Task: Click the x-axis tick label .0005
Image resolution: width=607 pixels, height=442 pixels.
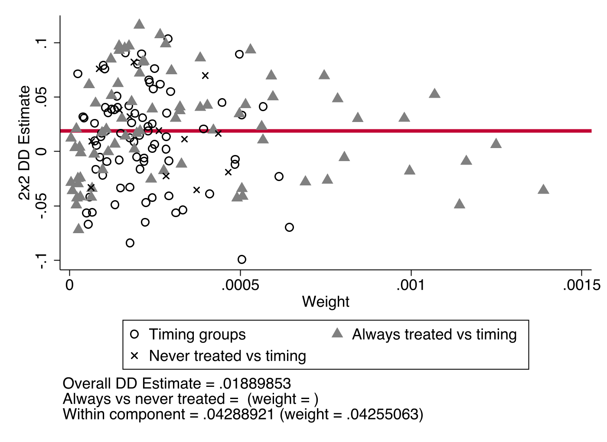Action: (x=240, y=285)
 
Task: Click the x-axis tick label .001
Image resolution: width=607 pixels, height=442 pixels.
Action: (x=411, y=285)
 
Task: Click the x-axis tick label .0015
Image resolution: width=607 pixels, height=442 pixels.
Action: (x=581, y=285)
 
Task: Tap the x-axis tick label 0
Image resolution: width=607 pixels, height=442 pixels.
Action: (x=69, y=285)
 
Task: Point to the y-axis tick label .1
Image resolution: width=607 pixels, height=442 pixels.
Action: (x=42, y=43)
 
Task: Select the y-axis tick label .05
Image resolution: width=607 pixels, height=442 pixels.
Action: (x=42, y=97)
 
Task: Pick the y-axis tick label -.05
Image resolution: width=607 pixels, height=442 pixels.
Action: (x=42, y=206)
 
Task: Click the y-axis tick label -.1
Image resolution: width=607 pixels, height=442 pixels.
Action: (x=42, y=261)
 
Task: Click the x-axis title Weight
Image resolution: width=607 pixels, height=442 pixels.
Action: (x=326, y=301)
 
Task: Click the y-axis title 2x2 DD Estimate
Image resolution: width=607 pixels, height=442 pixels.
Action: (x=25, y=143)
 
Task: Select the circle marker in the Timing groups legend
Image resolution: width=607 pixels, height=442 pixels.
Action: (x=134, y=334)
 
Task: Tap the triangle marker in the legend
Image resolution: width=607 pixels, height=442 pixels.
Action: (x=337, y=333)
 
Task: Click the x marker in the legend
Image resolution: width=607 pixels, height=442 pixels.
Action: (x=134, y=356)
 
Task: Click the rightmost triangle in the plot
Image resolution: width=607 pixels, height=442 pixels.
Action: (x=543, y=189)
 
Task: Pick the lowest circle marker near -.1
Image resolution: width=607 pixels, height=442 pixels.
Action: (x=242, y=260)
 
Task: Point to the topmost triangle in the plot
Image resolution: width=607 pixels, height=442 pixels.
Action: (x=139, y=24)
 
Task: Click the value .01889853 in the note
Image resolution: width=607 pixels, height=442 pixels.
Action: (x=255, y=384)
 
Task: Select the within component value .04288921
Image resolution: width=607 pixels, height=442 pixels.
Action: (x=238, y=414)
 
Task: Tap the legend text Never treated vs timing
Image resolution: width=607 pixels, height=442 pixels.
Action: (x=228, y=356)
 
